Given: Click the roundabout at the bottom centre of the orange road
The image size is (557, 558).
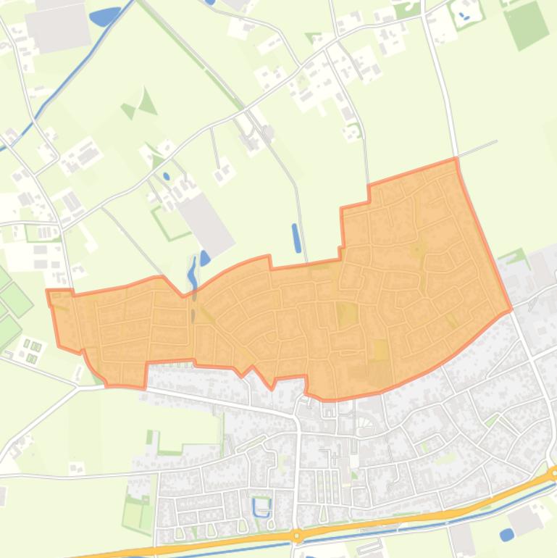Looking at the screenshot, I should pyautogui.click(x=296, y=536).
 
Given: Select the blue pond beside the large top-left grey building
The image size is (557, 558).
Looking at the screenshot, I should pyautogui.click(x=105, y=16).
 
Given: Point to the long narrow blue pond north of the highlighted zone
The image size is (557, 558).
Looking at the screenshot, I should pyautogui.click(x=296, y=238).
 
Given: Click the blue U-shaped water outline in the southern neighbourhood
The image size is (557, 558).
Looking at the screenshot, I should pyautogui.click(x=261, y=507).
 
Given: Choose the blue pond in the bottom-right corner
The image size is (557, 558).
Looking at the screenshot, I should pyautogui.click(x=507, y=535).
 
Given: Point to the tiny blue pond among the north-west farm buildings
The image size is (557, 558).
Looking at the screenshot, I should pyautogui.click(x=167, y=176).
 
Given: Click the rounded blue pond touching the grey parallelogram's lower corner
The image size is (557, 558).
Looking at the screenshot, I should pyautogui.click(x=205, y=257).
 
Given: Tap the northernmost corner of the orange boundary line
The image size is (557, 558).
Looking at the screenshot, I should pyautogui.click(x=456, y=159).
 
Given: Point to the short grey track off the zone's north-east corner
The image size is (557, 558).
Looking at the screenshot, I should pyautogui.click(x=478, y=149).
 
